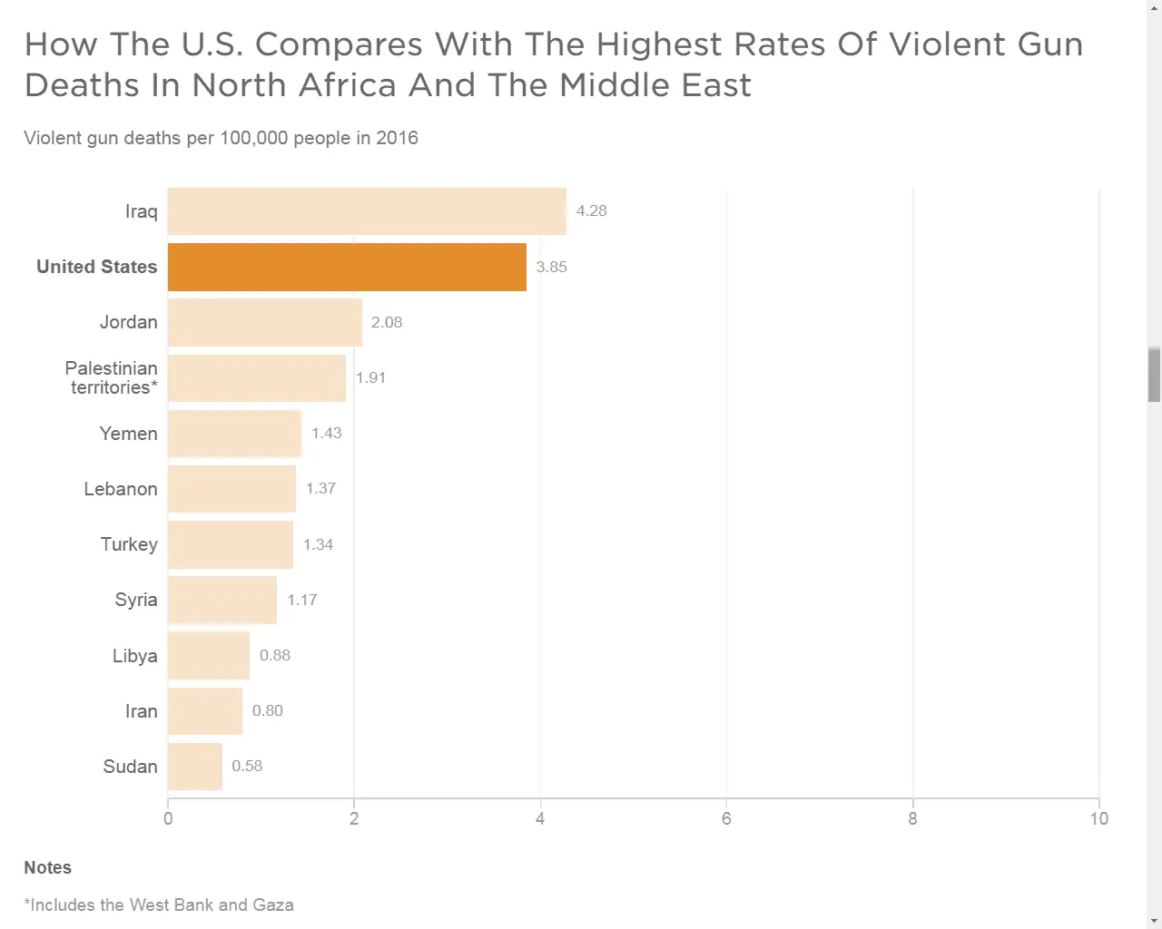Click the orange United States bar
tap(347, 267)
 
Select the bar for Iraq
tap(367, 211)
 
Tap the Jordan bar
tap(265, 322)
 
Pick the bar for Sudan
tap(195, 767)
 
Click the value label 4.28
tap(592, 210)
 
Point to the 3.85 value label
tap(551, 267)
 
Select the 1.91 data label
tap(370, 377)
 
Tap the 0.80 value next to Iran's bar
tap(268, 710)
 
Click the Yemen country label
tap(129, 434)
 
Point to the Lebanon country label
tap(121, 489)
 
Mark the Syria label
tap(136, 600)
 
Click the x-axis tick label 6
tap(726, 818)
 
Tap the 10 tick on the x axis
tap(1098, 818)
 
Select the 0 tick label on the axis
tap(168, 818)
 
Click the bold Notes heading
tap(47, 867)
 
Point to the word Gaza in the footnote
tap(272, 905)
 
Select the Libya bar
tap(209, 655)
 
